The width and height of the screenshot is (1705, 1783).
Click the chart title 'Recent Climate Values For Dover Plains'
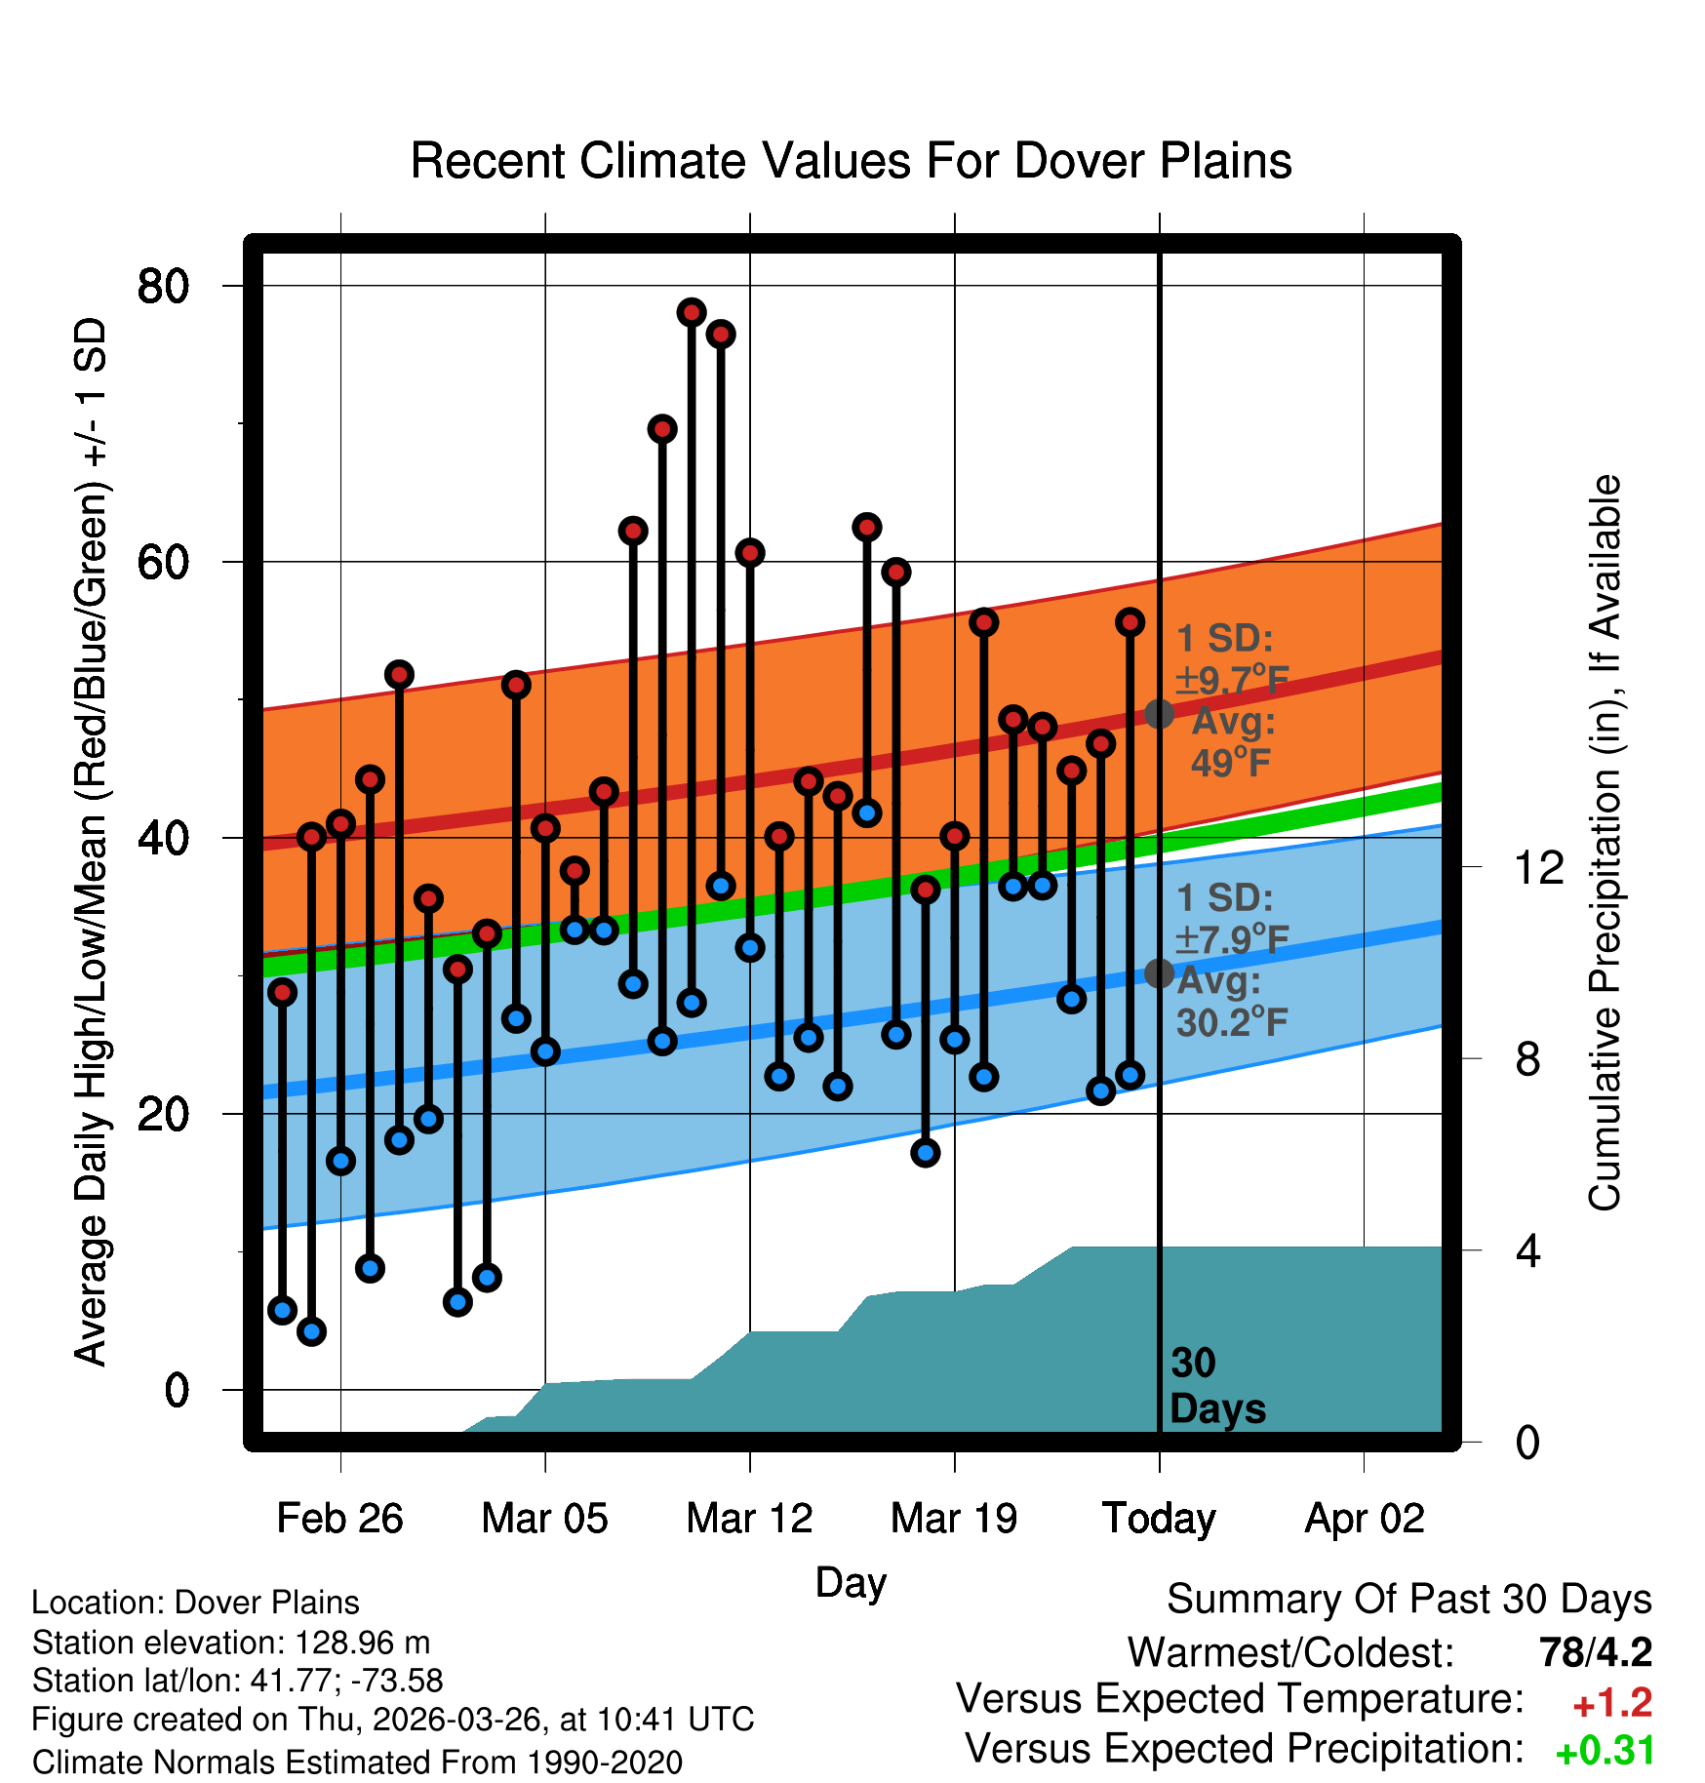pos(851,161)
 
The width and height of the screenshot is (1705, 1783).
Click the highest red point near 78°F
pos(692,312)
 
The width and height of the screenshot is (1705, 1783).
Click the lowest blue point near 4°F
pos(311,1330)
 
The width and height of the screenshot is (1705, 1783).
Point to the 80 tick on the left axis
pos(163,286)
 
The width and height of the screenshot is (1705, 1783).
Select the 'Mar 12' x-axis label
pos(749,1518)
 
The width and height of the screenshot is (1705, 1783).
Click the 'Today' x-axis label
pos(1159,1519)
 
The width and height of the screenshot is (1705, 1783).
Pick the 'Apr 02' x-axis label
pos(1365,1519)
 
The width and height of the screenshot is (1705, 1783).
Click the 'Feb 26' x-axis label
pos(339,1518)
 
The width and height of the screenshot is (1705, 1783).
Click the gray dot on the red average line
pos(1159,714)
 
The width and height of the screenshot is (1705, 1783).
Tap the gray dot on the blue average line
pos(1159,972)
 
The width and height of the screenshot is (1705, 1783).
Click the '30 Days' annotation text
pos(1217,1386)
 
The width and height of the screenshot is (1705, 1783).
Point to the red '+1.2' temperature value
pos(1612,1703)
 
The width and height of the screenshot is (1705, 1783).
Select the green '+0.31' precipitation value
pos(1605,1751)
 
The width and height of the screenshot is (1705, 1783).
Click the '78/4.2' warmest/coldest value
pos(1596,1652)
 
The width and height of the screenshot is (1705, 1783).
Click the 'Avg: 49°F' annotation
pos(1233,741)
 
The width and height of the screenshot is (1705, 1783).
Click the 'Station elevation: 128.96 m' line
pos(231,1643)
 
